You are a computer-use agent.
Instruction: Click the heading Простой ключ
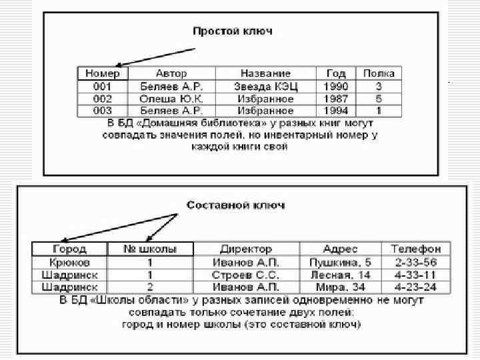pyautogui.click(x=232, y=31)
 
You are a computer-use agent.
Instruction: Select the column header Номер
pyautogui.click(x=103, y=73)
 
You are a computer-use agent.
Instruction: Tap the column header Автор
pyautogui.click(x=171, y=73)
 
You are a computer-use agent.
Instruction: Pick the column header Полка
pyautogui.click(x=379, y=73)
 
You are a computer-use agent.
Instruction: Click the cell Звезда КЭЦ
pyautogui.click(x=266, y=86)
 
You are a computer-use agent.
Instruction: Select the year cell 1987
pyautogui.click(x=336, y=99)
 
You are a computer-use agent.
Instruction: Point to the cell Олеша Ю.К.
pyautogui.click(x=171, y=99)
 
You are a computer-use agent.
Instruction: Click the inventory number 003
pyautogui.click(x=103, y=111)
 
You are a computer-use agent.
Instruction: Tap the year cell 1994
pyautogui.click(x=336, y=111)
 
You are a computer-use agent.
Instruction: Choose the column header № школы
pyautogui.click(x=152, y=249)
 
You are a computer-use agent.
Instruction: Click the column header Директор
pyautogui.click(x=247, y=249)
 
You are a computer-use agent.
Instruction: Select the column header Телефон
pyautogui.click(x=416, y=249)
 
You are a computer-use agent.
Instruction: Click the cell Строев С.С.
pyautogui.click(x=247, y=275)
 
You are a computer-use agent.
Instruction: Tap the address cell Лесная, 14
pyautogui.click(x=340, y=275)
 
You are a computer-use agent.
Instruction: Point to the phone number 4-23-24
pyautogui.click(x=416, y=287)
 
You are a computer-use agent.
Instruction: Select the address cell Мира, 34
pyautogui.click(x=340, y=287)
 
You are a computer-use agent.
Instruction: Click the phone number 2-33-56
pyautogui.click(x=416, y=262)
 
